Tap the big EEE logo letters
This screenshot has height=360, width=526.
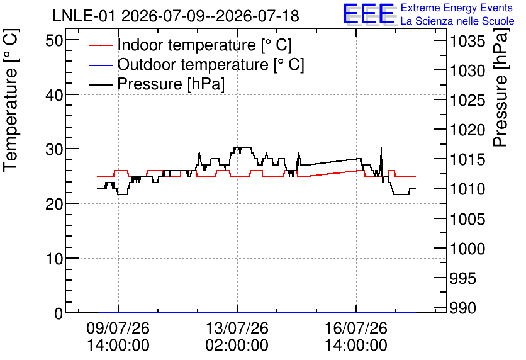pos(368,14)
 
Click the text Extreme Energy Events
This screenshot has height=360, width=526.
pos(457,8)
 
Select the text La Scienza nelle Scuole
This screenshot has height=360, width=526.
pos(457,21)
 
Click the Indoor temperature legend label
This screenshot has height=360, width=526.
pos(204,45)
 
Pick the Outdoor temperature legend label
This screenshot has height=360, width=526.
pos(211,64)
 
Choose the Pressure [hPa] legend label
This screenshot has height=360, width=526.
pos(171,84)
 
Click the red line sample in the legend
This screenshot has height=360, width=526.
pos(100,45)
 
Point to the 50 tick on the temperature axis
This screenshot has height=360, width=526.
pos(54,41)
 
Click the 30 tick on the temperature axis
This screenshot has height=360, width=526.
pos(54,149)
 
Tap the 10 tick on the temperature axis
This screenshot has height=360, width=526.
pos(54,259)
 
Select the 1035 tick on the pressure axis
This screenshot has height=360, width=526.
pos(467,42)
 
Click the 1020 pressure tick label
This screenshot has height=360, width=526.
pos(467,130)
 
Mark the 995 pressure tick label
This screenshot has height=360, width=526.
pos(463,278)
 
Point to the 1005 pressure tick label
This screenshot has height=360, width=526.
pos(467,220)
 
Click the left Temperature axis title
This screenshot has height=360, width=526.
pos(11,101)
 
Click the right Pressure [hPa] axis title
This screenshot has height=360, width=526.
pos(501,87)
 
